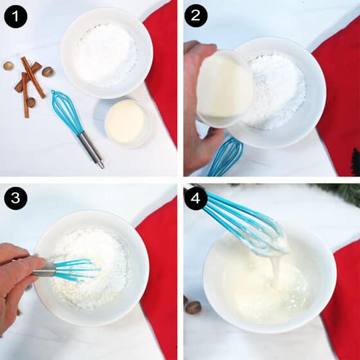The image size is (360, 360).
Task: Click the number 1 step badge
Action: tap(15, 17)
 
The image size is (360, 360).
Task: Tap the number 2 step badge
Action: tap(196, 15)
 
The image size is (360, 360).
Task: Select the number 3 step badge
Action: tap(15, 198)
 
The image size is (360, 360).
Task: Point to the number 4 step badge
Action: tap(195, 198)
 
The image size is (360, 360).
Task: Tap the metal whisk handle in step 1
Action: tap(91, 149)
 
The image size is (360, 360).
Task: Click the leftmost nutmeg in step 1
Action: tap(8, 66)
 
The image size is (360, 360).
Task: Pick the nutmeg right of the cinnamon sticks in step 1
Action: tap(48, 71)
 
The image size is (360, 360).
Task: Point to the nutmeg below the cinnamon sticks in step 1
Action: tap(31, 102)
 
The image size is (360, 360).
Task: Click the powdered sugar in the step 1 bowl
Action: tap(106, 55)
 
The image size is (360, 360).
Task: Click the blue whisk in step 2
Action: tap(226, 157)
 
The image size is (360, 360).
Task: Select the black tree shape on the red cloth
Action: tap(355, 162)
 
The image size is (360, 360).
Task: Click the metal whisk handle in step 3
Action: tap(44, 269)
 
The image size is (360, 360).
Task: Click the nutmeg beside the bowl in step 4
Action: tap(194, 307)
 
